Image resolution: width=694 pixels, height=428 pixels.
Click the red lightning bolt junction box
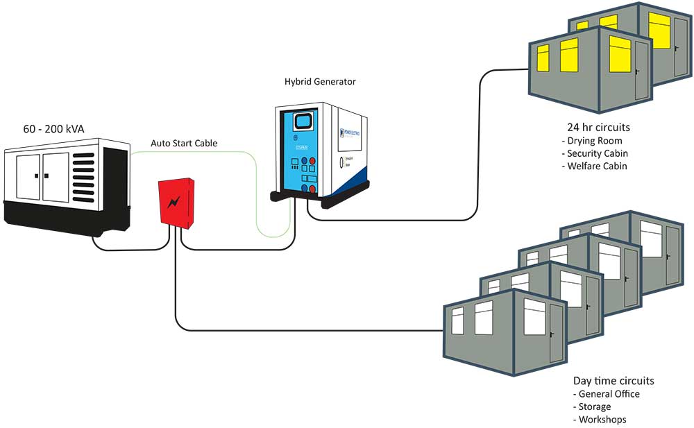[176, 202]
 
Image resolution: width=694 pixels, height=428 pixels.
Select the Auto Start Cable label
[184, 144]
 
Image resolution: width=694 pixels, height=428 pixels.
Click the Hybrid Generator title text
[320, 81]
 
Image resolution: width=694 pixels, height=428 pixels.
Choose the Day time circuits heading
[613, 381]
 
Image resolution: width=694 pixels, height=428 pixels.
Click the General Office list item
[609, 394]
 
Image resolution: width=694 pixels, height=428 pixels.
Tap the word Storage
[595, 406]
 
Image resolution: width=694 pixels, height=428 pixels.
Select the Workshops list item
[602, 420]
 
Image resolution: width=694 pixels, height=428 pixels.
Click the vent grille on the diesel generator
[83, 171]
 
